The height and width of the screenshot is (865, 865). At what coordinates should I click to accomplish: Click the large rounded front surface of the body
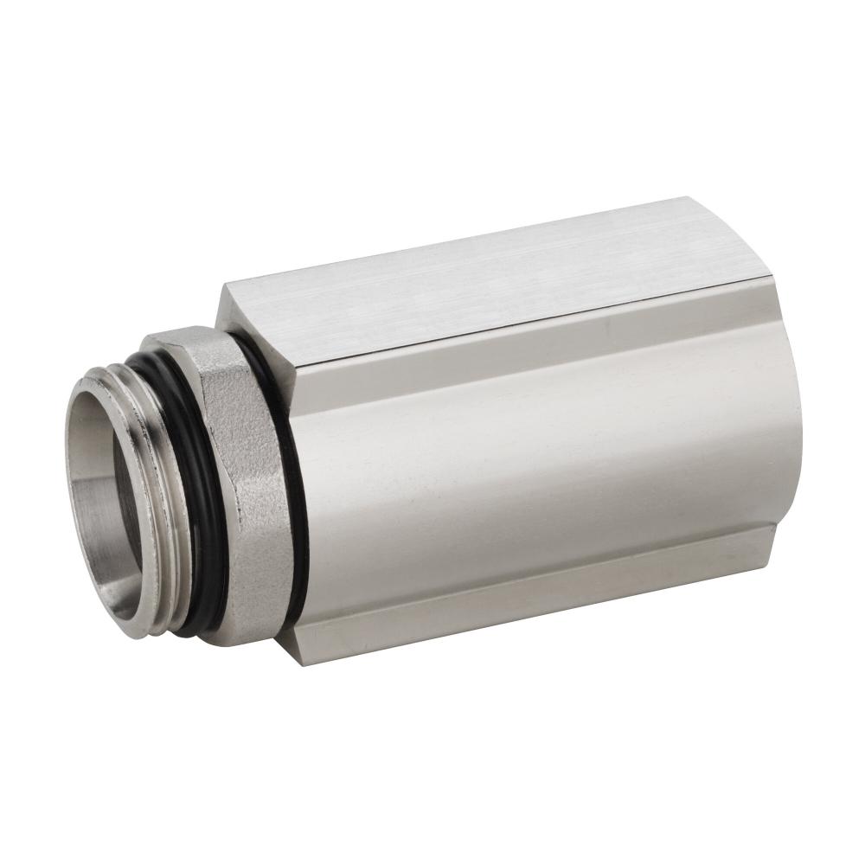[536, 467]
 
